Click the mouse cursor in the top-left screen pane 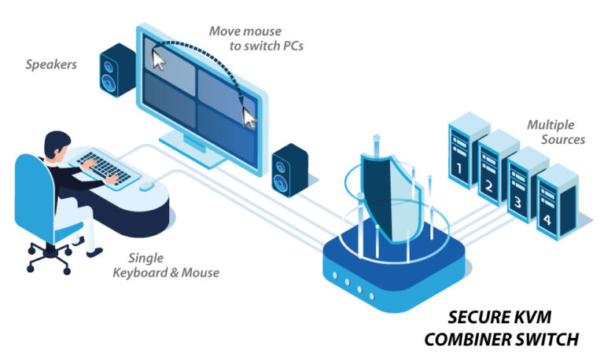pyautogui.click(x=160, y=59)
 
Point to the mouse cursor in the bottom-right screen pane pyautogui.click(x=249, y=117)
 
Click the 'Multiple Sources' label pyautogui.click(x=554, y=132)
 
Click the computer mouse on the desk pyautogui.click(x=146, y=186)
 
